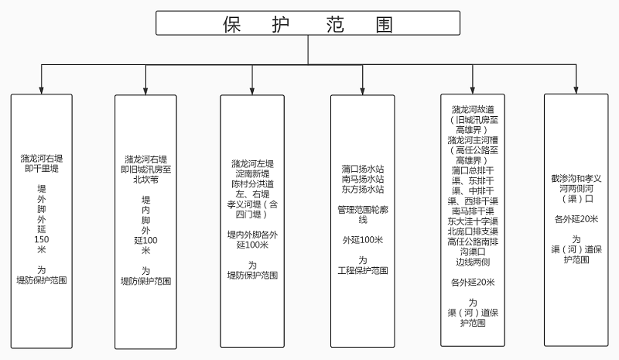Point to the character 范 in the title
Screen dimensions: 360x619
point(329,23)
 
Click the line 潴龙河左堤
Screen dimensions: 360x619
point(252,164)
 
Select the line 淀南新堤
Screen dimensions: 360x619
point(252,174)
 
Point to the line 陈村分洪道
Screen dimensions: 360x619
point(252,184)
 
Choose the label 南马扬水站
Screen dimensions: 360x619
point(362,179)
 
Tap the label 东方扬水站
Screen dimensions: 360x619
point(362,189)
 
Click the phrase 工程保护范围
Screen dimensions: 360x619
point(362,270)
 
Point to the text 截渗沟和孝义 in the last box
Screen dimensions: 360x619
point(576,178)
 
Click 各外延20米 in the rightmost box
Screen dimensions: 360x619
point(576,219)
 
